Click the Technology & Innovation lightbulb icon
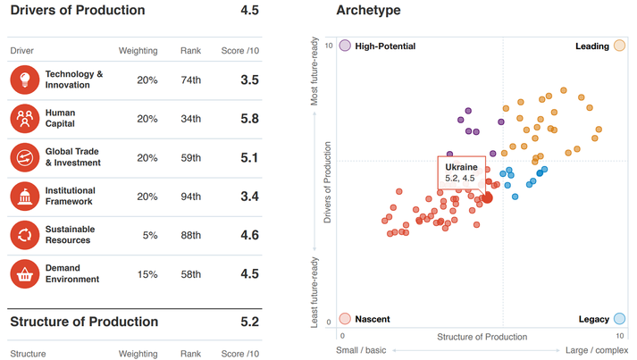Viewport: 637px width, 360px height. (x=25, y=80)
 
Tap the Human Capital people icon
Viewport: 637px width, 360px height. (x=25, y=119)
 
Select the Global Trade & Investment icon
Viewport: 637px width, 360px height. (x=25, y=158)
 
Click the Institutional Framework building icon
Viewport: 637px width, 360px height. (x=25, y=197)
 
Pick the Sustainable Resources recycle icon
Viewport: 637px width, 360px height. (x=25, y=235)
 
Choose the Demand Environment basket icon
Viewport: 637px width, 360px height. (x=25, y=273)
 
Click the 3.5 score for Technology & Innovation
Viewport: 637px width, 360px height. (x=249, y=80)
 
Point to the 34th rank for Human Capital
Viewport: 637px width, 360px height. (x=190, y=119)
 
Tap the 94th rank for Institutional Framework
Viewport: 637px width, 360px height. (x=190, y=197)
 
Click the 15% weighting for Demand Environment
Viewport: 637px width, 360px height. (x=147, y=273)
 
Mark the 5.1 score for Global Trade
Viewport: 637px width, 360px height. (x=249, y=158)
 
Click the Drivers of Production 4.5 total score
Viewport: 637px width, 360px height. (x=249, y=11)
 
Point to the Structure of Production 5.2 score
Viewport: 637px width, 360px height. (x=249, y=322)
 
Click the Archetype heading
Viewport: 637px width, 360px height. (x=368, y=11)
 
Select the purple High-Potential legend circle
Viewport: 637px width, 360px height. (x=345, y=46)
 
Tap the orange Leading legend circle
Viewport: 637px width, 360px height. (x=619, y=46)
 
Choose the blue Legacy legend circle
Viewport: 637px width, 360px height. (x=619, y=319)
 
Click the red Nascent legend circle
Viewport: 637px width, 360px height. (x=345, y=319)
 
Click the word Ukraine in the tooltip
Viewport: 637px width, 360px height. (x=462, y=167)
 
